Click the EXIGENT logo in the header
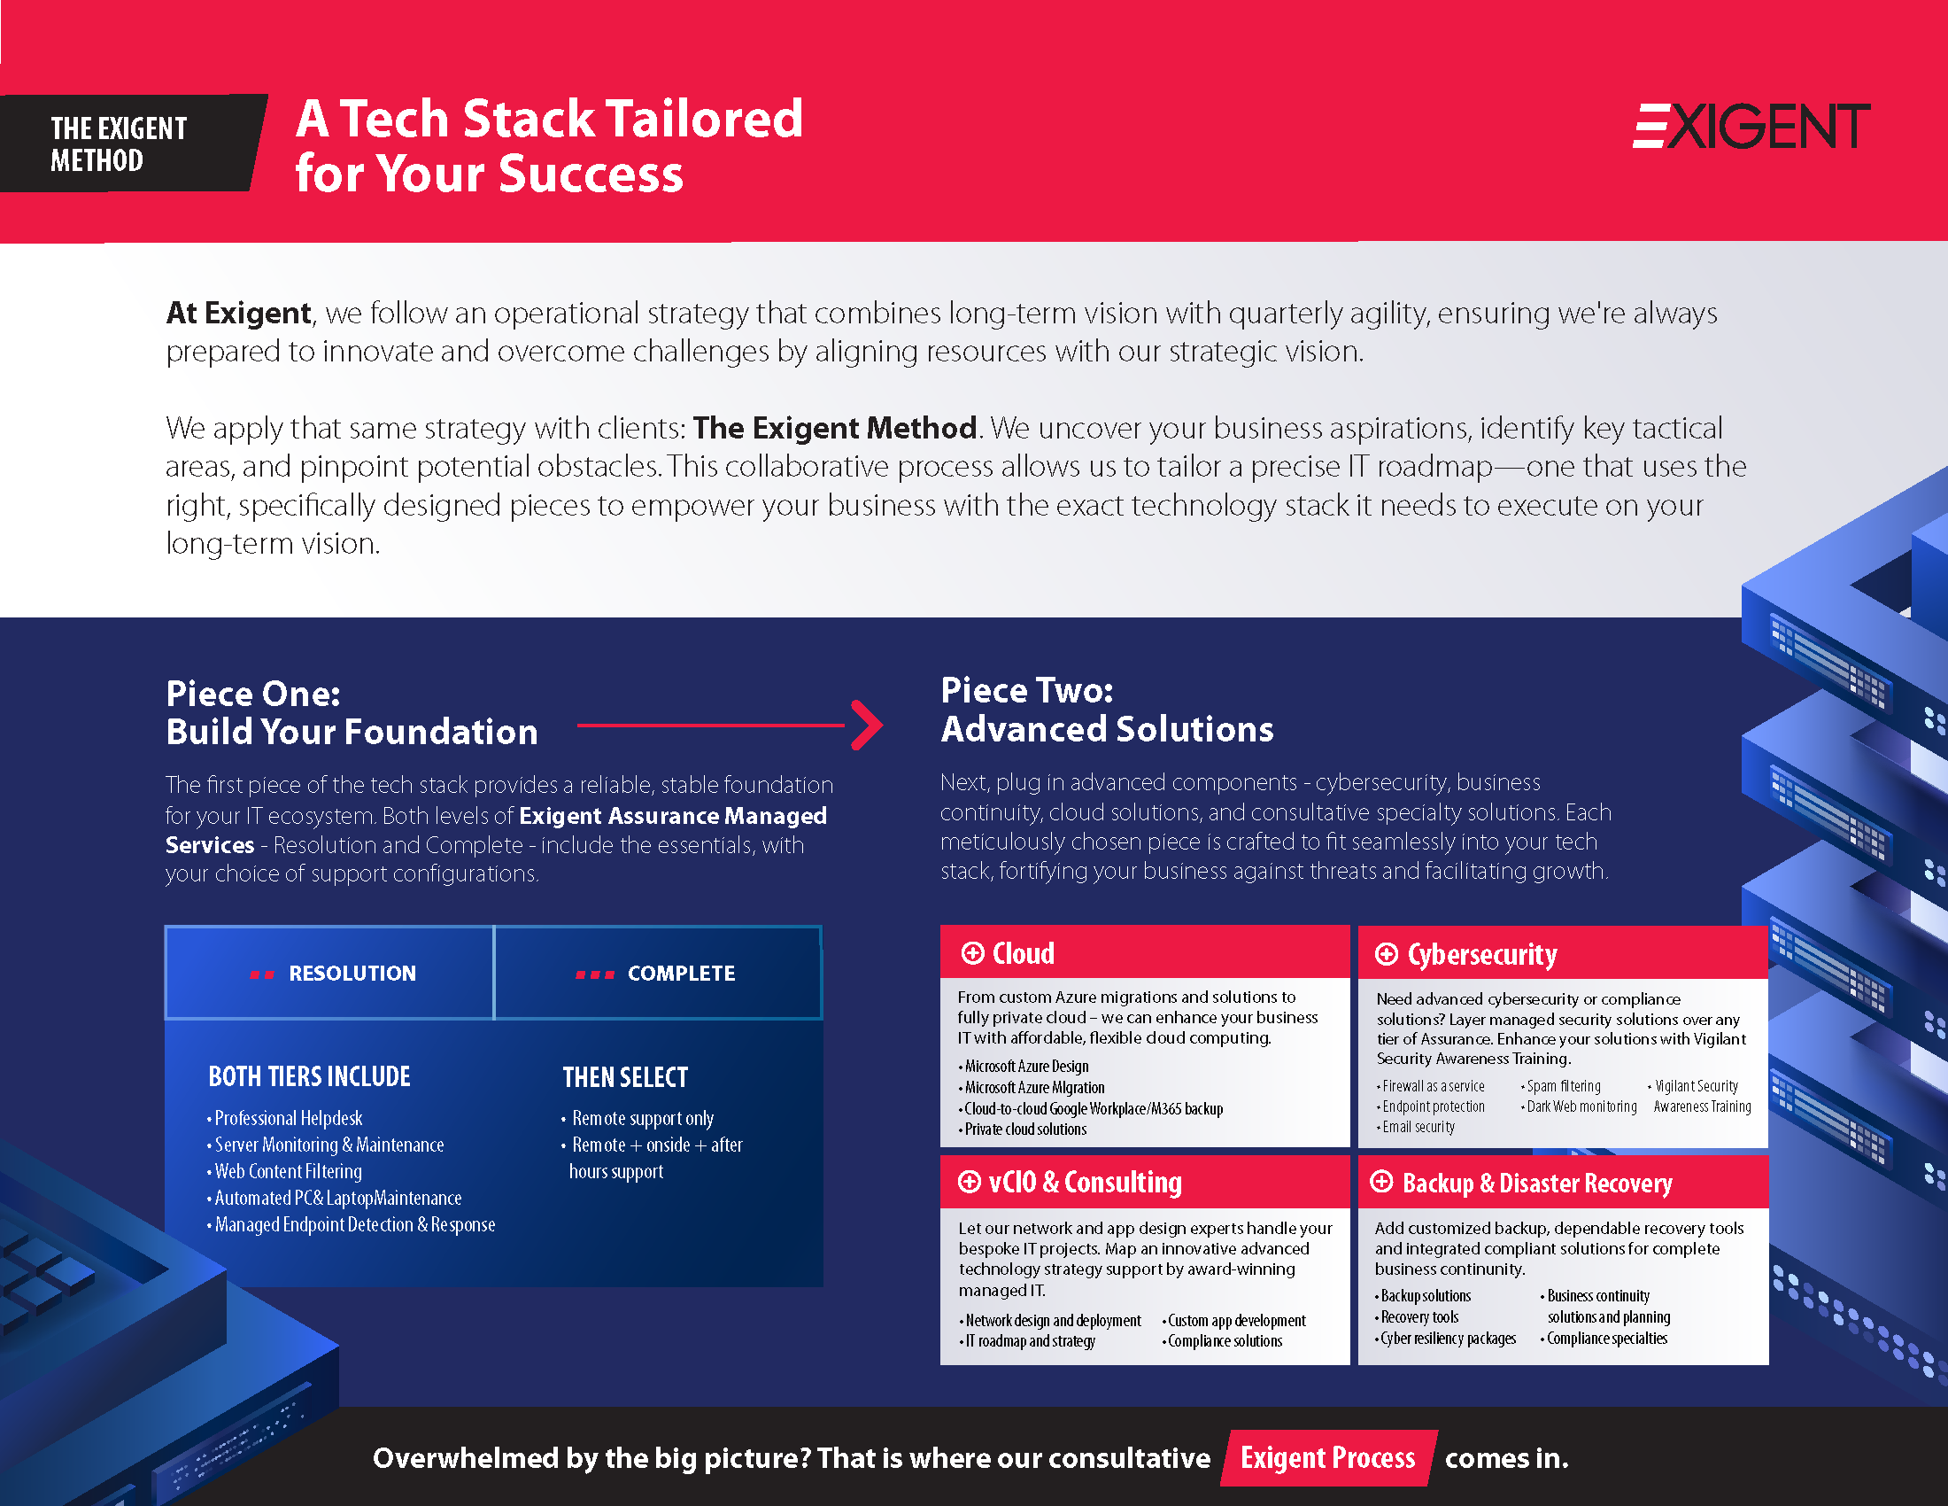(1751, 126)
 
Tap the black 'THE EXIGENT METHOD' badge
(132, 143)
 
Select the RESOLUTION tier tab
(329, 973)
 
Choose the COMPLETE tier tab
(657, 973)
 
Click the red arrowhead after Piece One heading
(866, 726)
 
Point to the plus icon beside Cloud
(972, 953)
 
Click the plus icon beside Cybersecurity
(1386, 954)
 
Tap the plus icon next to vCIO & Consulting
(970, 1182)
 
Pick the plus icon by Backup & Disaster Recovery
(1381, 1182)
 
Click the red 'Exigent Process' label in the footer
(1328, 1458)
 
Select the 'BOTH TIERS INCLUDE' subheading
(310, 1077)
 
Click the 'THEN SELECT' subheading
(625, 1078)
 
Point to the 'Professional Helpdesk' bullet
(285, 1119)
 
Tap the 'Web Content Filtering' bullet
(285, 1171)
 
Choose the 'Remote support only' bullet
(638, 1119)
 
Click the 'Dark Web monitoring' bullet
(1580, 1106)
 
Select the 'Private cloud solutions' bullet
(1023, 1129)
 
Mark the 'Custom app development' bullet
(1233, 1321)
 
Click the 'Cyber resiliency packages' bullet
(1446, 1339)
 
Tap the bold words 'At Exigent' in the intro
(239, 313)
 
